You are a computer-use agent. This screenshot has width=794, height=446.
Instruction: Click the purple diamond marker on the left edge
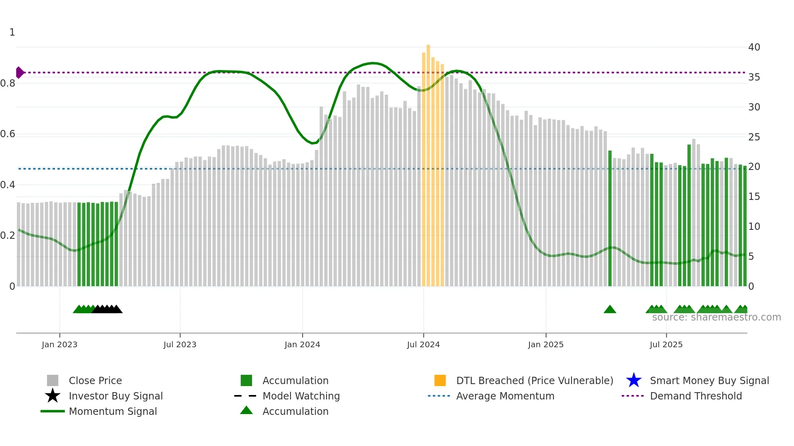(19, 72)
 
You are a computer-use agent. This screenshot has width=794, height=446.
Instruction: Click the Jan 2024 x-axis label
(302, 344)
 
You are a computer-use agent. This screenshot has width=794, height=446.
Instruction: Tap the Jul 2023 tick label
(180, 344)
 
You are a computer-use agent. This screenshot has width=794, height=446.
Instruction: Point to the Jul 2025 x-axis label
(666, 344)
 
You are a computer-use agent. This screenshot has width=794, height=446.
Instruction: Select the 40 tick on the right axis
(754, 47)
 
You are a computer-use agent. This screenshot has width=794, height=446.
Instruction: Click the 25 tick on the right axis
(754, 137)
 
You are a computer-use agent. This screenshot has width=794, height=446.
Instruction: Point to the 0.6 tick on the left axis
(8, 134)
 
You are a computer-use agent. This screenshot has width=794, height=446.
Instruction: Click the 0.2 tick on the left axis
(8, 236)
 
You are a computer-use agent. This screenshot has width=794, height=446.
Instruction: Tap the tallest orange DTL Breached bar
(428, 162)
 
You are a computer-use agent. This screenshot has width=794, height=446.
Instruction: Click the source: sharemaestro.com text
(716, 317)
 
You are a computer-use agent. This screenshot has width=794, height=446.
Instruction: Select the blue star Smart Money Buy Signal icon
(634, 380)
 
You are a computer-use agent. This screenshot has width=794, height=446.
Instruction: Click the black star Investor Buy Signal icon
(53, 396)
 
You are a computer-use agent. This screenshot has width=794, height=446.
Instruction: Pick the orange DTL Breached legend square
(440, 380)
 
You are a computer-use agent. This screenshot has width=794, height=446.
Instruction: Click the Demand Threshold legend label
(696, 396)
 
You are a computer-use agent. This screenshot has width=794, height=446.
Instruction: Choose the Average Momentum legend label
(505, 396)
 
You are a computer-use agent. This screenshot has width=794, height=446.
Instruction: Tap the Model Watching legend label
(301, 396)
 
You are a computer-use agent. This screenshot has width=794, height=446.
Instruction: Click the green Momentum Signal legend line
(53, 411)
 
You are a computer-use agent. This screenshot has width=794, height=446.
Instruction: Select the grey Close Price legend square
(53, 380)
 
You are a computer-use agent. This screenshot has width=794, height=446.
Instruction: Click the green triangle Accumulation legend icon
(246, 410)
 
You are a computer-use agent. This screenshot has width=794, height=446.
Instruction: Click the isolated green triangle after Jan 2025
(610, 310)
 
